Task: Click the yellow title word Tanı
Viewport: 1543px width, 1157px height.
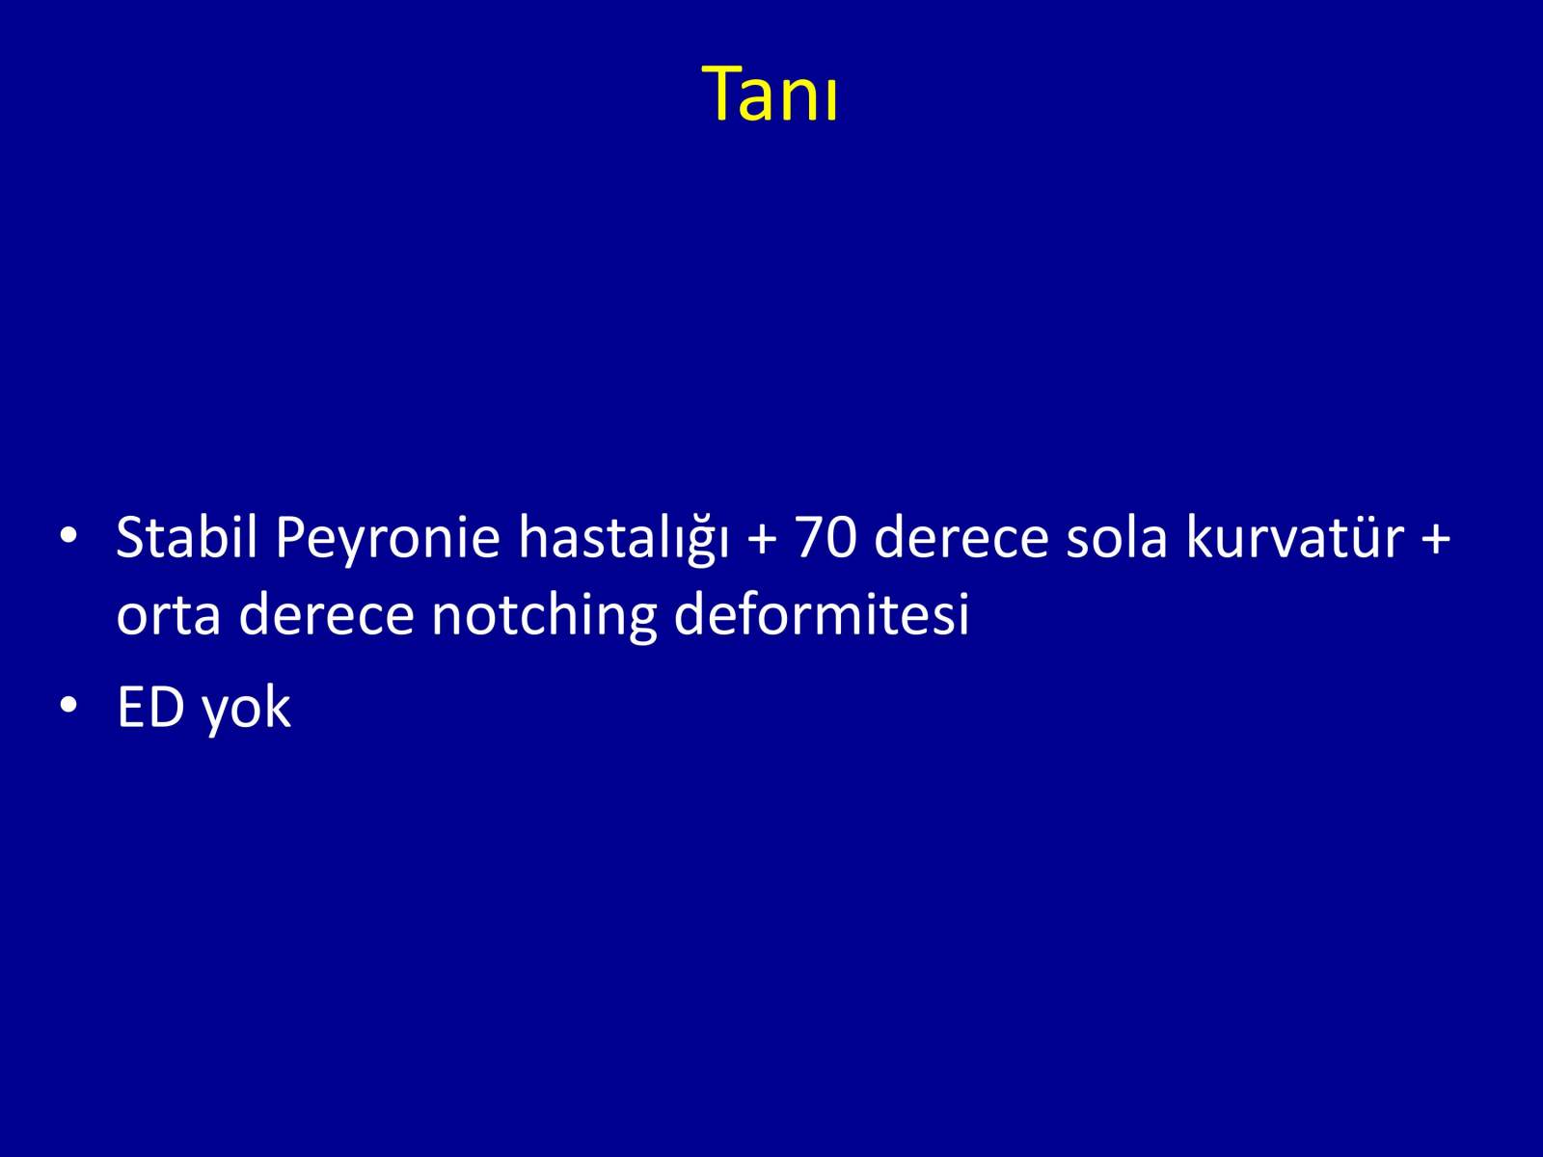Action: pyautogui.click(x=770, y=94)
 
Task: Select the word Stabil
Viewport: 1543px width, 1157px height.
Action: pyautogui.click(x=187, y=537)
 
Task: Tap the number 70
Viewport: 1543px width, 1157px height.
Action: pyautogui.click(x=826, y=537)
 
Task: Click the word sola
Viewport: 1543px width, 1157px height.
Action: pyautogui.click(x=1117, y=537)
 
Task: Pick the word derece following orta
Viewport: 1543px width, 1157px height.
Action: pyautogui.click(x=326, y=612)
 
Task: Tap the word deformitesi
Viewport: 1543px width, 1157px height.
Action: pyautogui.click(x=821, y=612)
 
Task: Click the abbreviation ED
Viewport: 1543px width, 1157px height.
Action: pyautogui.click(x=150, y=708)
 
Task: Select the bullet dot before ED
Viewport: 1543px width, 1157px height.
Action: pyautogui.click(x=68, y=705)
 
